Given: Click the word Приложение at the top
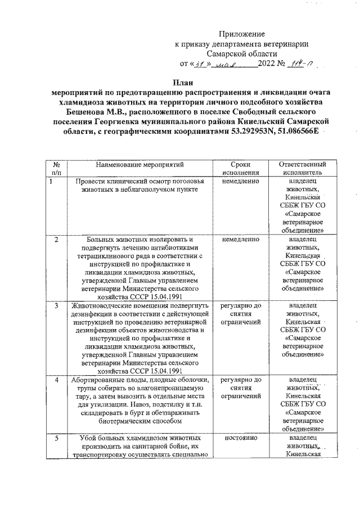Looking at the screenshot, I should click(241, 34).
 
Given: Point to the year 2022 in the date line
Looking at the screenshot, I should click(266, 64).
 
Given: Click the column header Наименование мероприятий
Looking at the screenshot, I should click(139, 165).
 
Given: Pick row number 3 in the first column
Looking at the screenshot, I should click(56, 306).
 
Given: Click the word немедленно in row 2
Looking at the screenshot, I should click(241, 240).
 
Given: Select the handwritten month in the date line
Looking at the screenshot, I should click(229, 64).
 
